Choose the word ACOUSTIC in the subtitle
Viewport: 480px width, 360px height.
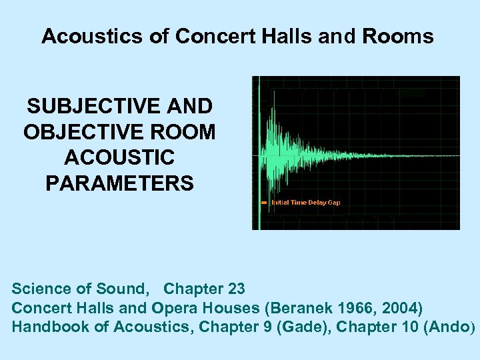[x=119, y=157]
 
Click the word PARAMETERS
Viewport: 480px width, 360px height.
[x=119, y=183]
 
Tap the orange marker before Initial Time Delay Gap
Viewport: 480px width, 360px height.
[x=264, y=202]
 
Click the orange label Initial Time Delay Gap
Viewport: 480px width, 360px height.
[x=306, y=202]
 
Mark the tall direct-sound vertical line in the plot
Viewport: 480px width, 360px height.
[x=259, y=153]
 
